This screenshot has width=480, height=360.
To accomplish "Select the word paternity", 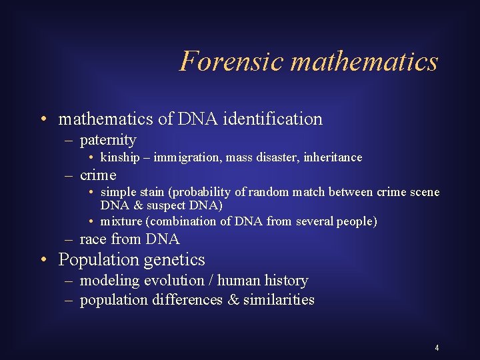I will (108, 140).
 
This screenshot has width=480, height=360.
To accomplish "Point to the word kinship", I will (120, 157).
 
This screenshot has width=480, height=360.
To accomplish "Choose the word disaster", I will (273, 157).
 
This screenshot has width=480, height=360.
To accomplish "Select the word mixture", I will (121, 221).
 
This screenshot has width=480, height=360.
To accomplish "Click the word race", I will (93, 239).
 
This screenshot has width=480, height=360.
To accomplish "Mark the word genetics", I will (175, 259).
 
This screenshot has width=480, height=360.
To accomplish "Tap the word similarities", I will (279, 300).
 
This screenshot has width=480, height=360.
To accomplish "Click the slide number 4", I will (437, 348).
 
